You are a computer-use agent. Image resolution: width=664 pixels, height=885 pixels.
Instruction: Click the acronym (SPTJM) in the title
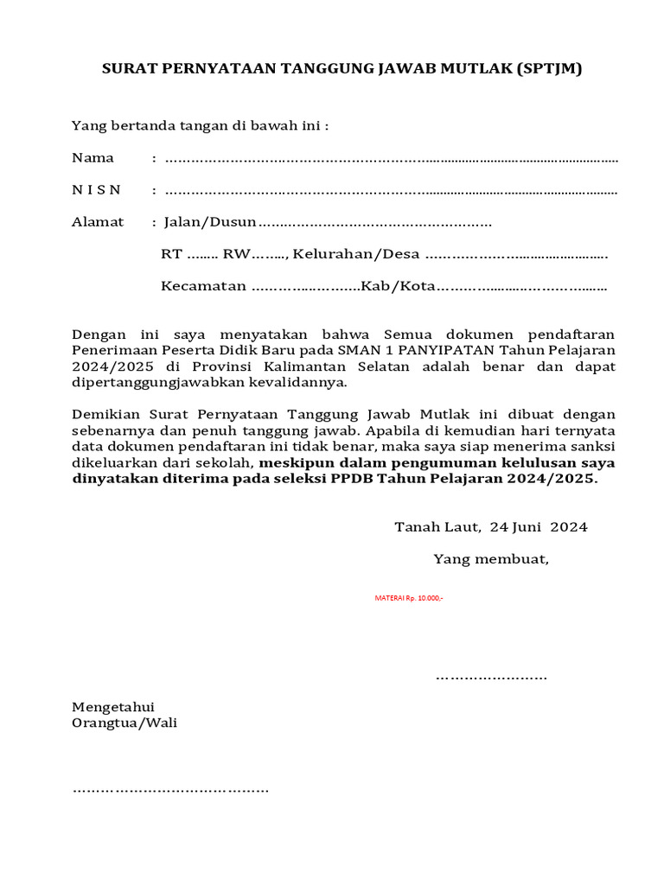point(549,69)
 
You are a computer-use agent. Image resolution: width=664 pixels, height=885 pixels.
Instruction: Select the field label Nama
point(93,158)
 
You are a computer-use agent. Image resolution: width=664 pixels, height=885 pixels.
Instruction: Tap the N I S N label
point(97,190)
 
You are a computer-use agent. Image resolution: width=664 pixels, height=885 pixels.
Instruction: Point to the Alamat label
point(98,222)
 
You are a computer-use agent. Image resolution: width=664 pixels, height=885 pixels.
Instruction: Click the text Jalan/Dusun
point(210,222)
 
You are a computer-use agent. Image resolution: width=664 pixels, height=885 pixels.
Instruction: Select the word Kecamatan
point(204,286)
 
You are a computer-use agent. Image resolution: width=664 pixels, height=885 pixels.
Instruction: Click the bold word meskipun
point(290,462)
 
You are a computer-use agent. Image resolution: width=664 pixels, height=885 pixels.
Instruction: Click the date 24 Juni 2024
point(539,526)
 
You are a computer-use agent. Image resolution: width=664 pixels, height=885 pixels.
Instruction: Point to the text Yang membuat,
point(491,558)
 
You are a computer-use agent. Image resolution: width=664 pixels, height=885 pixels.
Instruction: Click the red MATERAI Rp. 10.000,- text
point(409,598)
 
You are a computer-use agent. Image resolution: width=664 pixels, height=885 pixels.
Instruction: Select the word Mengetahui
point(112,707)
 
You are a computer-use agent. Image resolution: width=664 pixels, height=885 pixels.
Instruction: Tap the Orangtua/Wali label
point(124,723)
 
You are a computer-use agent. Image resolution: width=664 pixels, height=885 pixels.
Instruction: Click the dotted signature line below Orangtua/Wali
point(170,790)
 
